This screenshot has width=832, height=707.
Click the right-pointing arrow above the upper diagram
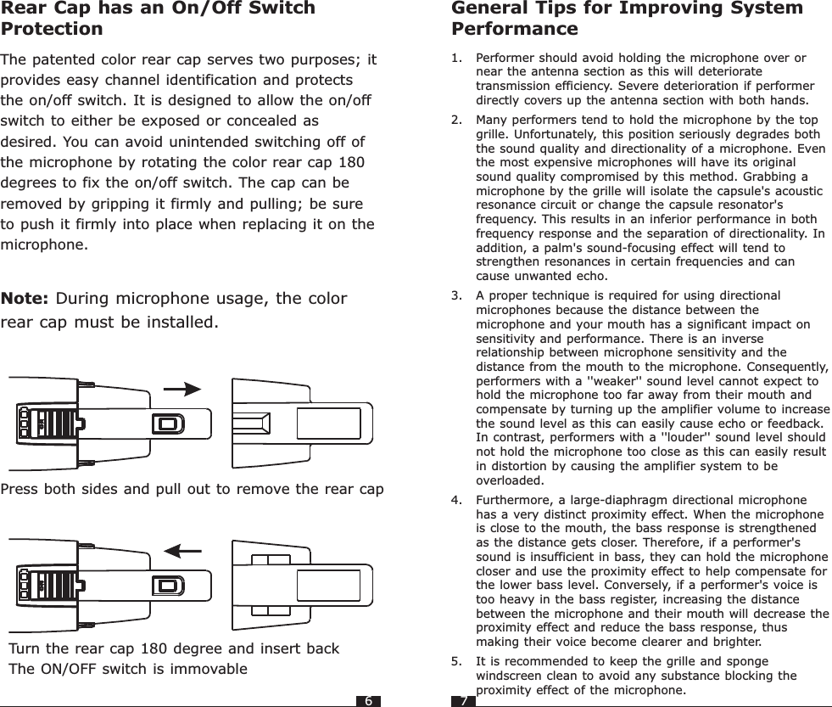tap(181, 389)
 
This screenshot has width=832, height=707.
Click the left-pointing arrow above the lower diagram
tap(183, 550)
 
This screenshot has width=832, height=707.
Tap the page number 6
tap(368, 701)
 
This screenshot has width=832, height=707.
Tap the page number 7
tap(463, 701)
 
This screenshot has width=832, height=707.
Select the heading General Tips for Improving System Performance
tap(627, 19)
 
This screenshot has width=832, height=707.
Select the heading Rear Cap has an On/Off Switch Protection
tap(158, 19)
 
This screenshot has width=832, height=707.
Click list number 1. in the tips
tap(457, 59)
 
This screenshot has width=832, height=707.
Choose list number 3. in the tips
tap(457, 295)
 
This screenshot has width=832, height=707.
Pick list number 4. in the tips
tap(457, 500)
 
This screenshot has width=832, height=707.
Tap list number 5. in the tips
tap(457, 661)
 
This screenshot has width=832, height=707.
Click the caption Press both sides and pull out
tap(192, 490)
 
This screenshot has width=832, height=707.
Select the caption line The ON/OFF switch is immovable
tap(128, 668)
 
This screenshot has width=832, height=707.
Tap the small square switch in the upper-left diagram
tap(168, 424)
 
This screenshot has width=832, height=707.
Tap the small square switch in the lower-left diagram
tap(168, 585)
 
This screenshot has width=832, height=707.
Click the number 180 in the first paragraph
tap(350, 162)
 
